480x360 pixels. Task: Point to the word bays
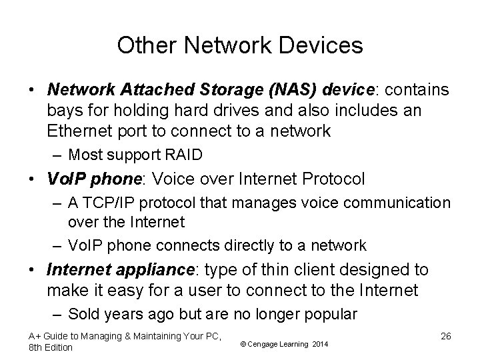(64, 111)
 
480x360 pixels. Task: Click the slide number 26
(445, 336)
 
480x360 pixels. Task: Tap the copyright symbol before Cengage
(243, 344)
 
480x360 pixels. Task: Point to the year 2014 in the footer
(321, 344)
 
